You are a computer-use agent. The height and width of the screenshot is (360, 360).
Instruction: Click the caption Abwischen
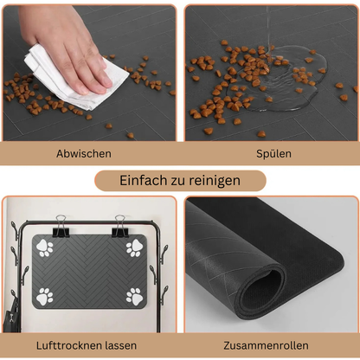[x=84, y=153]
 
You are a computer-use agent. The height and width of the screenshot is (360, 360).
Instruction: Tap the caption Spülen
[x=273, y=153]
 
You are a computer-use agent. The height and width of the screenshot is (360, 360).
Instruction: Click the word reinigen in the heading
[x=213, y=183]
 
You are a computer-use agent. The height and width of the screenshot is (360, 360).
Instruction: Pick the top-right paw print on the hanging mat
[x=134, y=248]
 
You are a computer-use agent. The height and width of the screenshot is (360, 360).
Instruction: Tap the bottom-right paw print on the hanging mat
[x=134, y=297]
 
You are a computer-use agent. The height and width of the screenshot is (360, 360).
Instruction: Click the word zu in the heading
[x=179, y=183]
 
